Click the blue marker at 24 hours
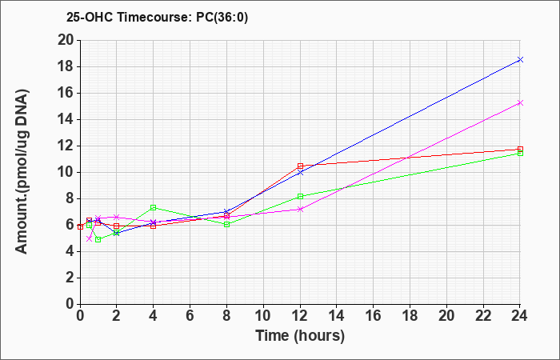click(520, 60)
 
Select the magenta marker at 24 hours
click(520, 103)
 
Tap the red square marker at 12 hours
click(300, 166)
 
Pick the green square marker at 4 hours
click(154, 207)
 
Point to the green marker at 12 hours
click(300, 197)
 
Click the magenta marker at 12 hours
click(300, 210)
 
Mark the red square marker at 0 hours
click(80, 226)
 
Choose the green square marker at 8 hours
click(226, 224)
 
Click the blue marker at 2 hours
click(116, 234)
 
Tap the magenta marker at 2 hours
click(116, 217)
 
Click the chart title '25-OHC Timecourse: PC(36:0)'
click(157, 18)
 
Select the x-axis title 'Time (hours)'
click(300, 336)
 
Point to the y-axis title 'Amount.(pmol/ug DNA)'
click(22, 172)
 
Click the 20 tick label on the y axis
click(66, 40)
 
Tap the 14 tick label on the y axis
click(66, 120)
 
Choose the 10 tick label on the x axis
click(263, 315)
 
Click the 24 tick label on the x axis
click(519, 315)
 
